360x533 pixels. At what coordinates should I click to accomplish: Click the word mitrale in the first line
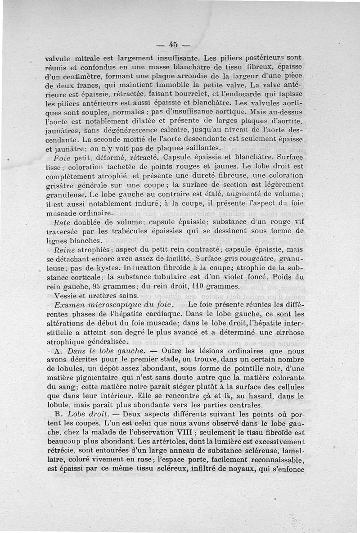[91, 58]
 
